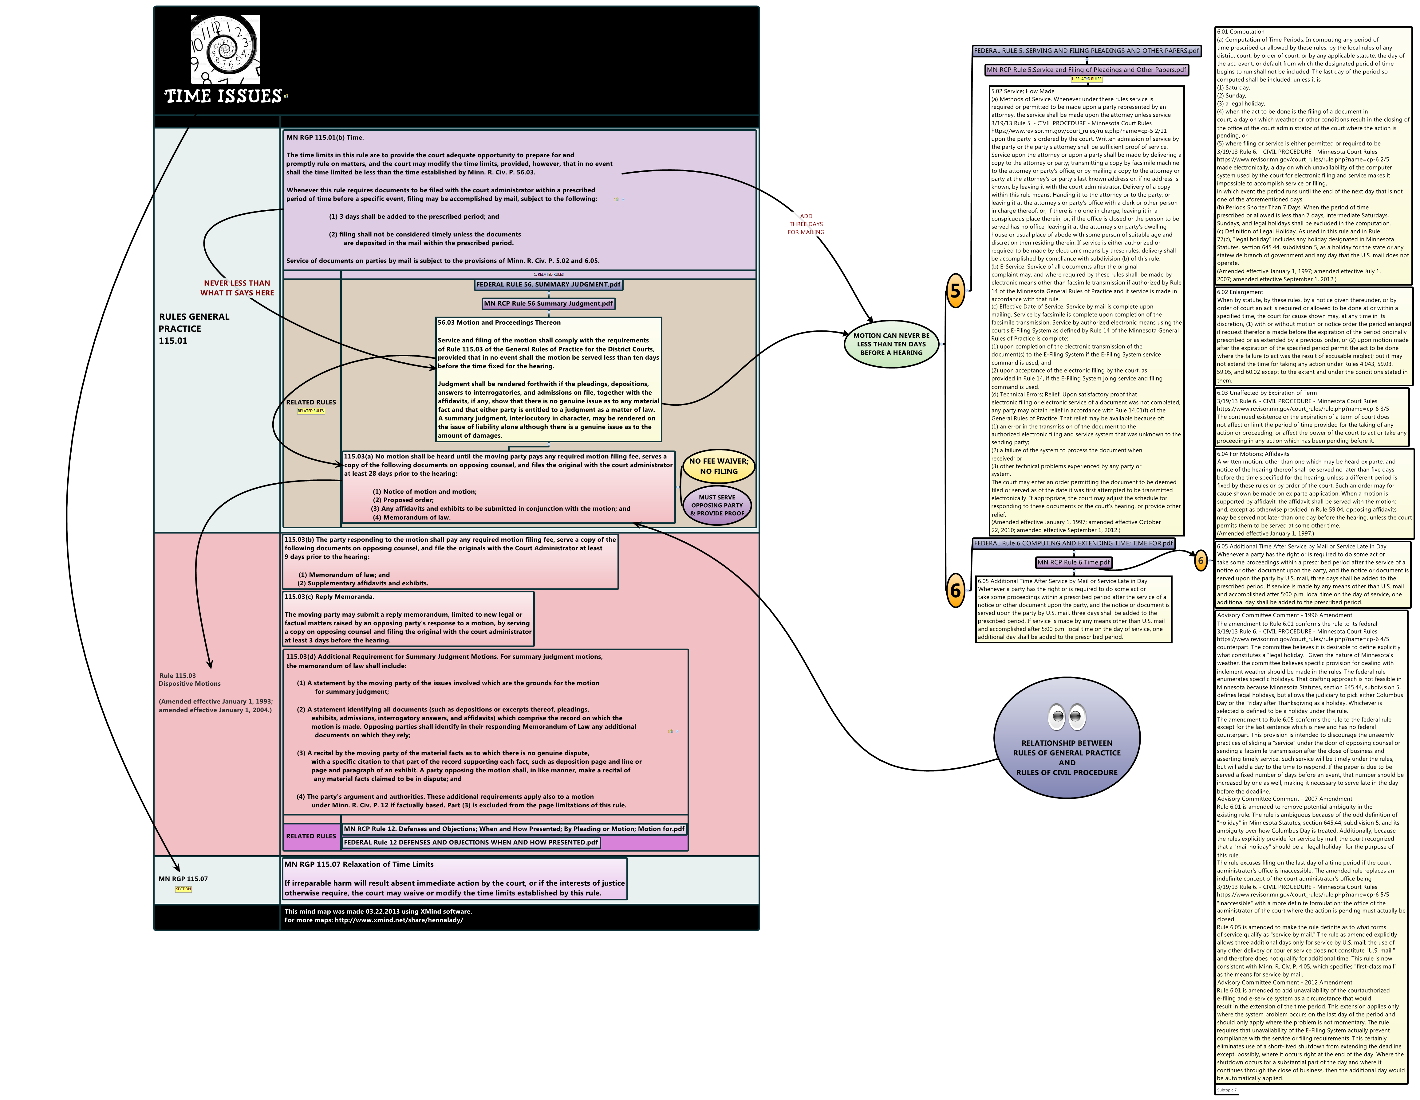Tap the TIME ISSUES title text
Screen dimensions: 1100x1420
tap(223, 96)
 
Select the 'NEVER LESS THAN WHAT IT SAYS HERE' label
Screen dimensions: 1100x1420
tap(237, 288)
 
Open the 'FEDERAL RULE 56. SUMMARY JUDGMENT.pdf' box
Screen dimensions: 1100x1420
tap(548, 285)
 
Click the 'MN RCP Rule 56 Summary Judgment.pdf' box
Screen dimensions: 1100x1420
tap(548, 303)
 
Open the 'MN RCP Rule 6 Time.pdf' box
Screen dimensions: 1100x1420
tap(1073, 563)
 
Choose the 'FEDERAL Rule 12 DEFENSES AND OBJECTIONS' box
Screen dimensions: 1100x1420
tap(471, 843)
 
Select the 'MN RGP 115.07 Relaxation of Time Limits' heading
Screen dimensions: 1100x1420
tap(359, 865)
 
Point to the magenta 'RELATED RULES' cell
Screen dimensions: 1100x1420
tap(311, 836)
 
